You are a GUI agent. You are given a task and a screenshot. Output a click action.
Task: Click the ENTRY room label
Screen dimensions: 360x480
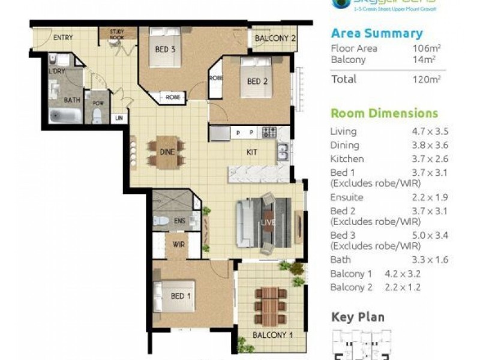pyautogui.click(x=63, y=38)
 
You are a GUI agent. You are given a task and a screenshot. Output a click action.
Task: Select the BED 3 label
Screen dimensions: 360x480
pyautogui.click(x=165, y=49)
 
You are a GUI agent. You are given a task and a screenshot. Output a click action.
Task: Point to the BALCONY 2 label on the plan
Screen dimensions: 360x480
pyautogui.click(x=275, y=39)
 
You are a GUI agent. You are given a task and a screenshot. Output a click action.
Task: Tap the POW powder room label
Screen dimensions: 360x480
pyautogui.click(x=97, y=103)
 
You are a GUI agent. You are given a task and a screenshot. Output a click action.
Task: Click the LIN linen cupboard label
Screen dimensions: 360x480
pyautogui.click(x=119, y=118)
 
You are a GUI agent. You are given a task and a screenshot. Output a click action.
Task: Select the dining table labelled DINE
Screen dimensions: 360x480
pyautogui.click(x=167, y=152)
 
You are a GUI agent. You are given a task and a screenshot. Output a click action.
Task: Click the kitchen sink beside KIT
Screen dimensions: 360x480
pyautogui.click(x=282, y=152)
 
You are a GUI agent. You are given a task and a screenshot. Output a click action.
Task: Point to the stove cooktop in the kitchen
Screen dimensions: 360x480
pyautogui.click(x=269, y=132)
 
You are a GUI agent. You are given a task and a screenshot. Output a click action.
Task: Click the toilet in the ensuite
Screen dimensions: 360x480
pyautogui.click(x=161, y=220)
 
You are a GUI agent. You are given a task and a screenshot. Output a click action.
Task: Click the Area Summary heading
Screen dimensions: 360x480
pyautogui.click(x=376, y=34)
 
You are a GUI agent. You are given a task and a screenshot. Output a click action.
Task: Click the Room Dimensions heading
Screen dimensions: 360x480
pyautogui.click(x=384, y=113)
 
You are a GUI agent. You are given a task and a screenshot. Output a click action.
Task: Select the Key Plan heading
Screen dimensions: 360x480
pyautogui.click(x=358, y=317)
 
